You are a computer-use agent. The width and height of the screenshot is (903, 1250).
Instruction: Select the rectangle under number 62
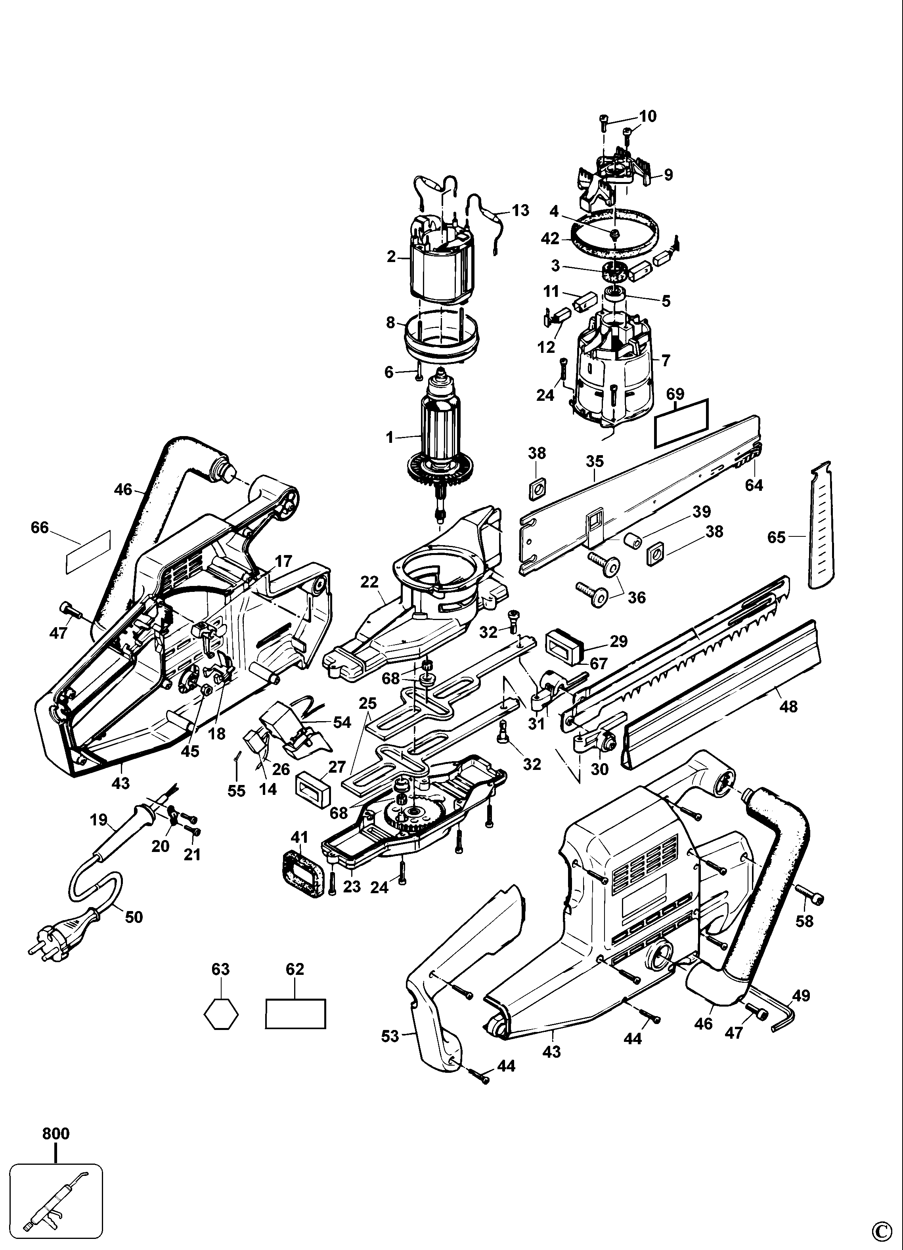[295, 1014]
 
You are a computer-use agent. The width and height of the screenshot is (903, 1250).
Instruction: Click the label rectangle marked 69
[681, 423]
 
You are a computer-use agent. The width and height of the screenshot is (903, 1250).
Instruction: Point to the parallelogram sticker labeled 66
[88, 549]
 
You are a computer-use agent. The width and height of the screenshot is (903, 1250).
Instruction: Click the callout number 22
[370, 582]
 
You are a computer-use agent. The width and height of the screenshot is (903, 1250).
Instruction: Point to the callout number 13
[520, 210]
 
